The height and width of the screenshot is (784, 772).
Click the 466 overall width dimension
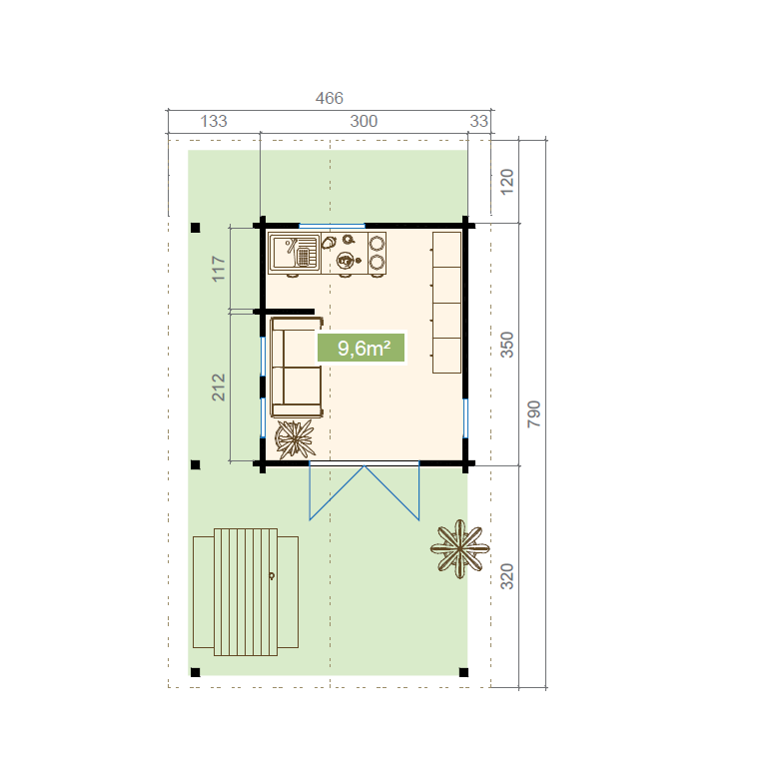coord(329,98)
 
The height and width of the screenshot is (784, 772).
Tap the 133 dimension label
coord(214,121)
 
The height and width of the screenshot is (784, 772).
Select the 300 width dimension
coord(364,121)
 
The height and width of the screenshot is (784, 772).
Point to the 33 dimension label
coord(478,121)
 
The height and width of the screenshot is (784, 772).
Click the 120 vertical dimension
coord(507,182)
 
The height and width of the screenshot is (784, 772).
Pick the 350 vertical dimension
coord(507,345)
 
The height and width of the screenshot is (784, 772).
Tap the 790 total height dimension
coord(534,413)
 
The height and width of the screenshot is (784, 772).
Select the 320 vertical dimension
coord(507,576)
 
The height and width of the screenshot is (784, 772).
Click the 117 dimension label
coord(219,269)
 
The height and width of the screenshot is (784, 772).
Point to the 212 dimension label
coord(219,387)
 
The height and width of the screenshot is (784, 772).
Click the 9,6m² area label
coord(361,348)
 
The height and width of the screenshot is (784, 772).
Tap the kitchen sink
coord(295,253)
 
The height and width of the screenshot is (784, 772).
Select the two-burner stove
coord(377,253)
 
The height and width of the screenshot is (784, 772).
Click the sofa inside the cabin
coord(297,367)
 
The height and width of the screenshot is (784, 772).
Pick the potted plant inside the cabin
coord(295,439)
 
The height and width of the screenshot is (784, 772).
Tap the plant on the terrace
coord(459,548)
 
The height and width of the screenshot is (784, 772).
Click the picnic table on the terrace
coord(246,592)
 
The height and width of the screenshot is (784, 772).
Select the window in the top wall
coord(332,226)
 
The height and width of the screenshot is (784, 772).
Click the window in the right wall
coord(465,418)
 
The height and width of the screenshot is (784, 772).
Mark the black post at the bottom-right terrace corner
coord(463,672)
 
